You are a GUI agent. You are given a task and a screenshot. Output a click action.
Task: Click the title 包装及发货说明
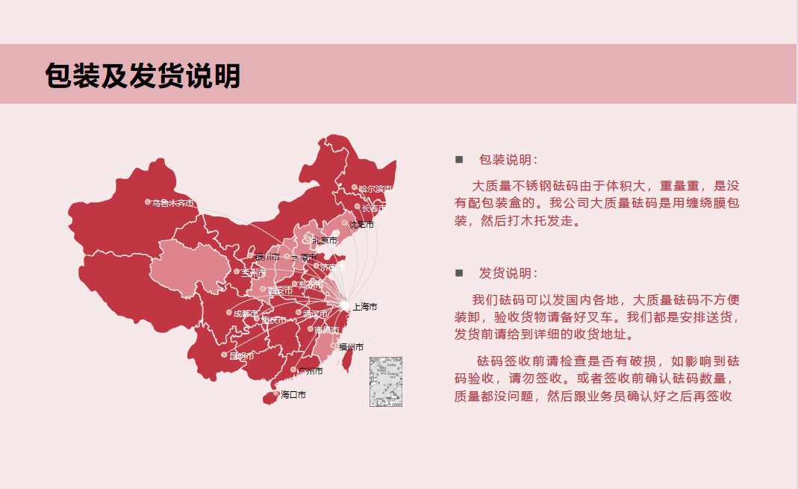pyautogui.click(x=143, y=76)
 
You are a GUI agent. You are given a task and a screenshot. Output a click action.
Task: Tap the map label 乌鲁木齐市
pyautogui.click(x=172, y=202)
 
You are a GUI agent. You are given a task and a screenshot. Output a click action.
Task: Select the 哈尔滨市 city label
pyautogui.click(x=375, y=189)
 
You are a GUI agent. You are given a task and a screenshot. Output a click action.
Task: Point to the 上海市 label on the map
pyautogui.click(x=364, y=307)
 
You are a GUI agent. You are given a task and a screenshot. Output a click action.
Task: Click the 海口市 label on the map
pyautogui.click(x=293, y=395)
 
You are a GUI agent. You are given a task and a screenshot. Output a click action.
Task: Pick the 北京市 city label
pyautogui.click(x=325, y=240)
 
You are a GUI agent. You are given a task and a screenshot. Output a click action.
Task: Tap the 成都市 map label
pyautogui.click(x=246, y=314)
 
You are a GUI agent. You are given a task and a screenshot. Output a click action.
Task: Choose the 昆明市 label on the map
pyautogui.click(x=242, y=356)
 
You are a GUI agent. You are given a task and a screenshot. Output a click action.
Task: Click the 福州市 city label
pyautogui.click(x=351, y=347)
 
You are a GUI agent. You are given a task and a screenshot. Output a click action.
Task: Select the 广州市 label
pyautogui.click(x=310, y=371)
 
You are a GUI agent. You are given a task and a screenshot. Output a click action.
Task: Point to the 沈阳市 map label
pyautogui.click(x=361, y=225)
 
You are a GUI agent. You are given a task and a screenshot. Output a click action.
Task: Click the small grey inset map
pyautogui.click(x=386, y=381)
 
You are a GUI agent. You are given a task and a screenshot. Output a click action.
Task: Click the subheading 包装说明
pyautogui.click(x=508, y=160)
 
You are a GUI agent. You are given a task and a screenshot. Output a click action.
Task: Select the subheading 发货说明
pyautogui.click(x=508, y=273)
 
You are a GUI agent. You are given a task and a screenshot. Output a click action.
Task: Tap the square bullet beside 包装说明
pyautogui.click(x=459, y=160)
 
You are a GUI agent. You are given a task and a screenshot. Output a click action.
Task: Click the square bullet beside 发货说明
pyautogui.click(x=459, y=273)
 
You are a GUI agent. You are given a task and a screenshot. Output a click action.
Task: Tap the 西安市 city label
pyautogui.click(x=280, y=290)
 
